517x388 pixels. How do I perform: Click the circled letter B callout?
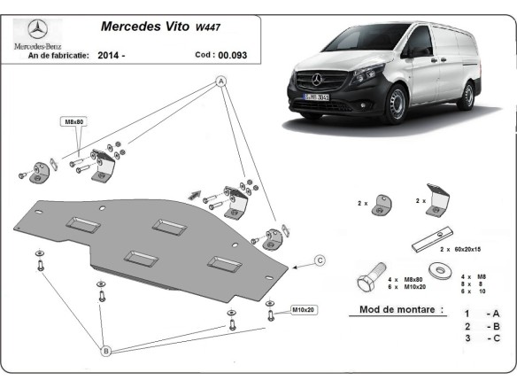click(105, 352)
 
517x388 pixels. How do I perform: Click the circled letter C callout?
click(320, 260)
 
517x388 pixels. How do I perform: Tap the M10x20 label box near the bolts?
click(303, 309)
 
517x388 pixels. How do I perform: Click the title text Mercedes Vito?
click(138, 27)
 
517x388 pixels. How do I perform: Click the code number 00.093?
click(234, 55)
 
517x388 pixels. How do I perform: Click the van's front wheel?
click(398, 105)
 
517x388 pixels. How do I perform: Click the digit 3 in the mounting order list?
click(467, 338)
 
